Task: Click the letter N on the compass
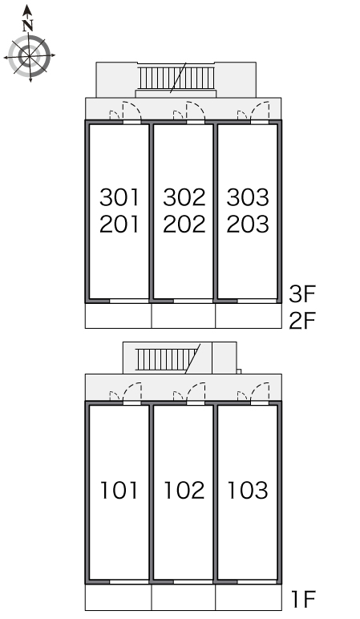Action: [x=27, y=26]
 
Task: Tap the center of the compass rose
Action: [x=30, y=55]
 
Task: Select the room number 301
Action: [x=119, y=197]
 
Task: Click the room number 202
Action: [x=184, y=224]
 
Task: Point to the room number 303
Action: [x=248, y=197]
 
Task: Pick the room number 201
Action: [x=119, y=224]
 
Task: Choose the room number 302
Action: [x=184, y=197]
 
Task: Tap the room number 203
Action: [x=248, y=224]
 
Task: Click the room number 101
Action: [x=119, y=490]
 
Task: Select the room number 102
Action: [x=184, y=490]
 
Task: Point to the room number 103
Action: [x=248, y=490]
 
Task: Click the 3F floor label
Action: [x=302, y=293]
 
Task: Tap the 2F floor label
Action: [x=302, y=320]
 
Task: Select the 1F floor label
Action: [x=303, y=599]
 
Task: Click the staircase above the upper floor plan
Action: [x=176, y=78]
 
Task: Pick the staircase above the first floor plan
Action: [x=167, y=359]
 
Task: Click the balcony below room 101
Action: [x=119, y=597]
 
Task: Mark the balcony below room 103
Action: [x=249, y=597]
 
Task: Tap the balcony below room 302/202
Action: [x=184, y=315]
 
